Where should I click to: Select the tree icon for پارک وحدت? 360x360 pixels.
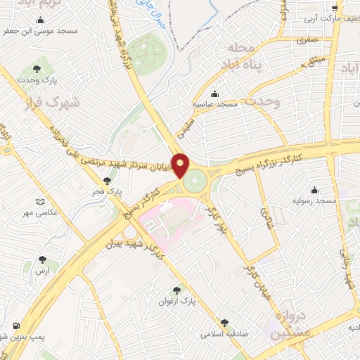pos(36,68)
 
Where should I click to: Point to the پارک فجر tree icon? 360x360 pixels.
pos(108,181)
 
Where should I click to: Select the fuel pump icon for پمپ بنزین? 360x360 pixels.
pos(15,326)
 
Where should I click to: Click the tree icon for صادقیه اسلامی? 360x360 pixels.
pos(224,323)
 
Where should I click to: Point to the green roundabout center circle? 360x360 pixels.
pos(197,181)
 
